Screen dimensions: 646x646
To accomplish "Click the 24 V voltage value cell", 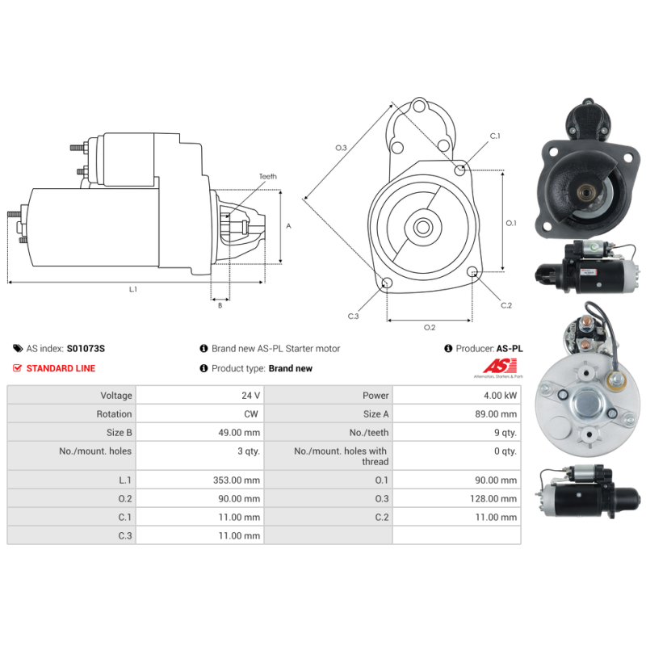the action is [x=250, y=396].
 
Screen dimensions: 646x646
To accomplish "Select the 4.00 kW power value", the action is [x=500, y=396].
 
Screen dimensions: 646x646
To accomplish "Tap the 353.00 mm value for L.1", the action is [x=237, y=480].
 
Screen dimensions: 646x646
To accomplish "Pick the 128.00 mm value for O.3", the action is [x=493, y=498].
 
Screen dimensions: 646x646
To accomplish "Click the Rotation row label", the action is [x=114, y=414].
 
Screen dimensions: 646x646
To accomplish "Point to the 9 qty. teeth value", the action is [x=505, y=433].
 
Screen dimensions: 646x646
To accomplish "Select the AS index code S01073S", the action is [x=86, y=349].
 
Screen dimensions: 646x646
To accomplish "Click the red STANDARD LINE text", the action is [x=61, y=368].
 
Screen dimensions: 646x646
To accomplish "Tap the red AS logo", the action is [x=500, y=367].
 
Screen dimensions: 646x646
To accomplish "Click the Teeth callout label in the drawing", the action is [x=268, y=176].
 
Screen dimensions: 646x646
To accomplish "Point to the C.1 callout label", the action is [x=495, y=136].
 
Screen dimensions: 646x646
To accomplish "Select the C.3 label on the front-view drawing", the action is [x=353, y=316].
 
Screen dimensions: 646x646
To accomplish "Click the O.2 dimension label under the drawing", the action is [x=430, y=327].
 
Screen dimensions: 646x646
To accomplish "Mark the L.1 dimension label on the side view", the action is [x=132, y=289].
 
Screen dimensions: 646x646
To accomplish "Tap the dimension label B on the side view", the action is [x=220, y=305].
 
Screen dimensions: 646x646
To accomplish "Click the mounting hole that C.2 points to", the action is [x=472, y=271].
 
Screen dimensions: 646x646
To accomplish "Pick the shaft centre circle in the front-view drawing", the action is [x=423, y=227].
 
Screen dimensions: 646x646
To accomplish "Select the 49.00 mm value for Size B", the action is [x=239, y=433].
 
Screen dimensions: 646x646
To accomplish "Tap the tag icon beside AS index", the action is [x=18, y=349].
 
